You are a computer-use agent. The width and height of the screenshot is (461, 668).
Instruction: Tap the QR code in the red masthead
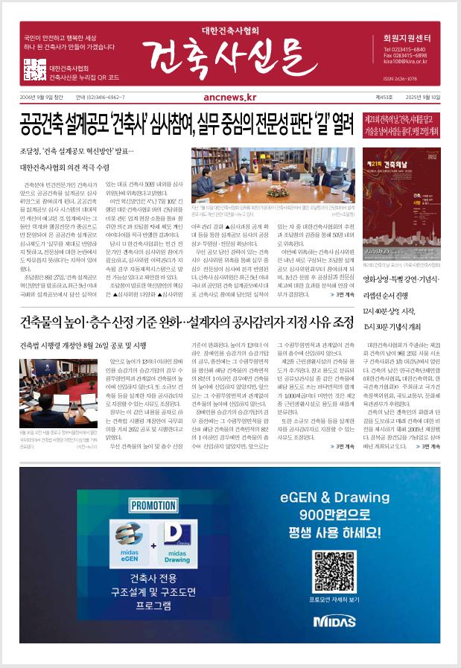(34, 69)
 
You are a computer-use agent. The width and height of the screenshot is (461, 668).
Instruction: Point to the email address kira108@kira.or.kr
(405, 63)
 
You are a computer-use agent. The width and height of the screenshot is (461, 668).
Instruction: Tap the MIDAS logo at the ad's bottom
(329, 620)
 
